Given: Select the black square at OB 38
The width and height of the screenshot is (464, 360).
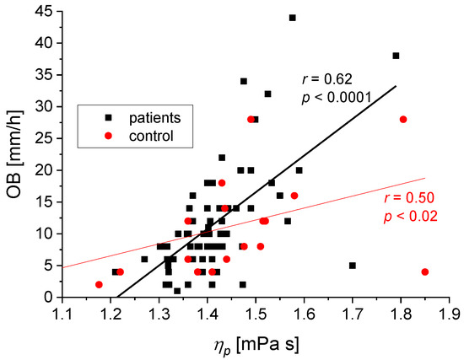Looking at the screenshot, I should coord(396,56).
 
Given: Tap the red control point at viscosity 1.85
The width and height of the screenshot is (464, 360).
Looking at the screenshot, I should coord(424,271).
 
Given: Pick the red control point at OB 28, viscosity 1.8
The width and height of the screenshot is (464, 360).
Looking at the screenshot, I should coord(403,120).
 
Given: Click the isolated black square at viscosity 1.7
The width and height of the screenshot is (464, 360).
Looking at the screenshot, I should coord(353,266).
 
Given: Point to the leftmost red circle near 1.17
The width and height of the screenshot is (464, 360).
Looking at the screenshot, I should coord(100,284).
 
